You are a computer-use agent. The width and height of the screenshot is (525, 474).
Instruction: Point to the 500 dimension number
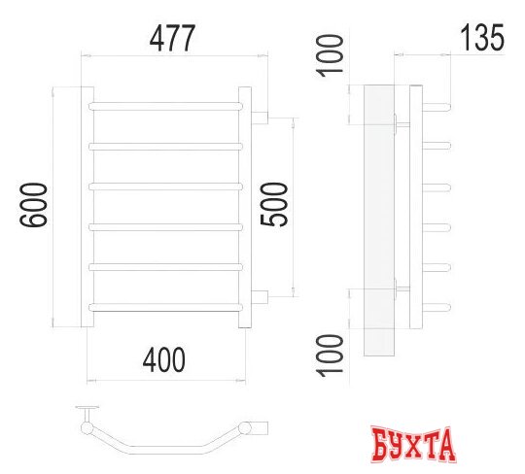pyautogui.click(x=276, y=206)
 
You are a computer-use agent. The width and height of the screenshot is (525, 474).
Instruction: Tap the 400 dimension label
pyautogui.click(x=164, y=361)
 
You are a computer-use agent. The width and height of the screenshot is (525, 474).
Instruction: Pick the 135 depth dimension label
pyautogui.click(x=480, y=38)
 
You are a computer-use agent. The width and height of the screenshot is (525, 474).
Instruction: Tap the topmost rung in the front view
pyautogui.click(x=166, y=103)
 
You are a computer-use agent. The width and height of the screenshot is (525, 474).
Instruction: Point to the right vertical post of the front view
pyautogui.click(x=248, y=207)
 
